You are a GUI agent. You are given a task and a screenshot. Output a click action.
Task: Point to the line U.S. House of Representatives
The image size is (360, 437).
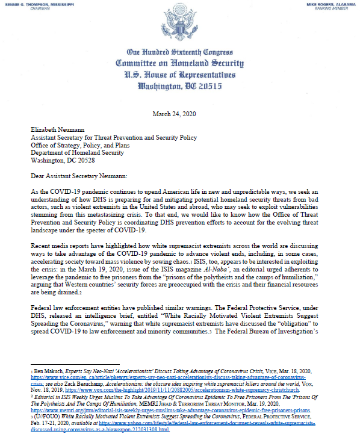(x=179, y=74)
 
